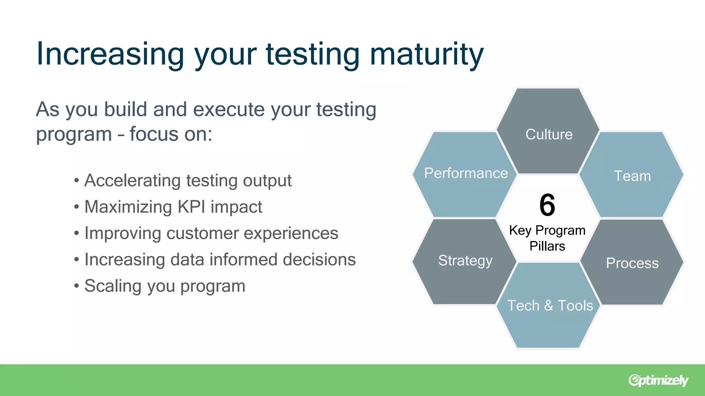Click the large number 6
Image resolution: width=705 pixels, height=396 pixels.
(x=547, y=205)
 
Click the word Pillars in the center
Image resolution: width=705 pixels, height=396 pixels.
(x=547, y=246)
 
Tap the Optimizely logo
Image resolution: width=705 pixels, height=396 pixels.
(x=658, y=380)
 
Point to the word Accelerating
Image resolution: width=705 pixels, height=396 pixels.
(x=133, y=181)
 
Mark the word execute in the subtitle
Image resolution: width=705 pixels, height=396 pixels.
(x=229, y=110)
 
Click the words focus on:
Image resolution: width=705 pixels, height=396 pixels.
(x=171, y=134)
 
